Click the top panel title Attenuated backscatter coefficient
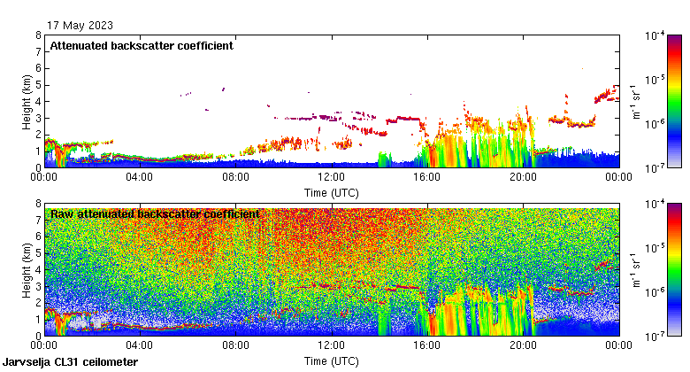142,45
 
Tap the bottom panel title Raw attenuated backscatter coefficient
155,214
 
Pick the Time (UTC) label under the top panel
332,191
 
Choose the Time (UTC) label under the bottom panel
332,361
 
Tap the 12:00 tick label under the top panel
332,177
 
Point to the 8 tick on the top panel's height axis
38,35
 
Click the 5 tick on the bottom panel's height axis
38,253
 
